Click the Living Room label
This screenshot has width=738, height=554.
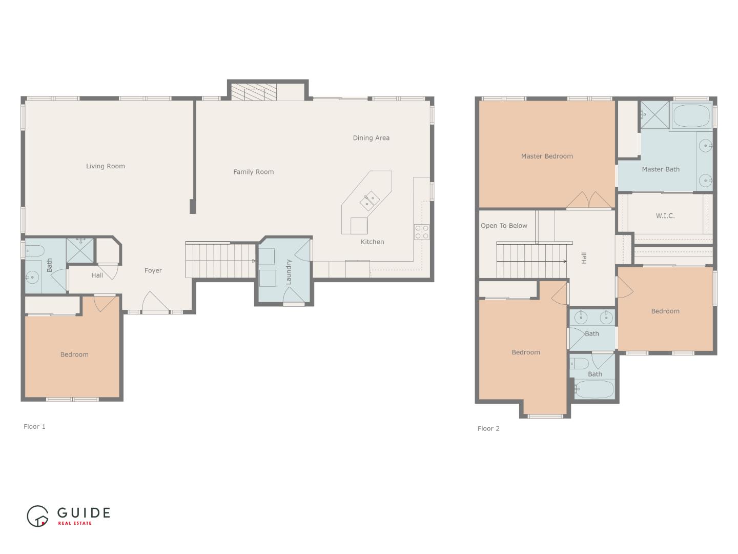tap(105, 166)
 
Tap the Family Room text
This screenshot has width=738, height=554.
tap(253, 172)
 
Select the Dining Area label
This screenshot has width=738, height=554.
tap(371, 138)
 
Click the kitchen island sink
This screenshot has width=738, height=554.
tap(369, 200)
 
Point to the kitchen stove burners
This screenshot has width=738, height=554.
tap(422, 232)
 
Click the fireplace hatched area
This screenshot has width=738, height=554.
tap(248, 93)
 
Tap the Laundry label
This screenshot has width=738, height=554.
tap(289, 272)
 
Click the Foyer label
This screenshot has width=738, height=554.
tap(153, 271)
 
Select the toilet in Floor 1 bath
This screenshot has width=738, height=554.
tap(36, 251)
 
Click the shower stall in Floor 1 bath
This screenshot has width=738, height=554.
tap(80, 250)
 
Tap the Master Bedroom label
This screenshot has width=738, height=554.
tap(547, 156)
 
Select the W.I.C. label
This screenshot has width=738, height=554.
tap(665, 216)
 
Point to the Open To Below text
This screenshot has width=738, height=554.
tap(504, 226)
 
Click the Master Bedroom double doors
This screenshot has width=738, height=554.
tap(589, 201)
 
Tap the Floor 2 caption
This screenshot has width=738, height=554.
tap(488, 429)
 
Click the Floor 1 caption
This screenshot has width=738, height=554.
tap(34, 427)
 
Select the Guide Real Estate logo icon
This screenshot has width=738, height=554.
tap(37, 516)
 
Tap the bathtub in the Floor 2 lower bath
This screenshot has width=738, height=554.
tap(594, 389)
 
